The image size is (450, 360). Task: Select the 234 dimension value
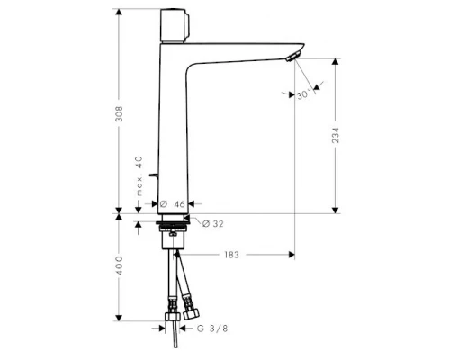(335, 136)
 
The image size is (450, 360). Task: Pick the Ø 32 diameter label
(212, 222)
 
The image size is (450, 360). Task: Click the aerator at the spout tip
(289, 57)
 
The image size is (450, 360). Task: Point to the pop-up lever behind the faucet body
(156, 173)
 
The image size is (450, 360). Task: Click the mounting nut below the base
(171, 239)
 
